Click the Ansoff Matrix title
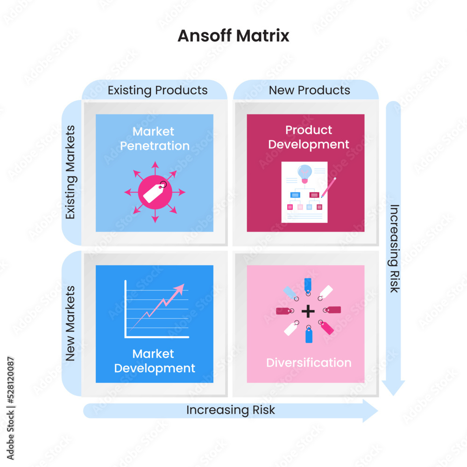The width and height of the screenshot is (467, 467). tap(233, 36)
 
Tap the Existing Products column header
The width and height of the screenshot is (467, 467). tap(157, 90)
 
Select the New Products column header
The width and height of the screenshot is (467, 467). tap(309, 90)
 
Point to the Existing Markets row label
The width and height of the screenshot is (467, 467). tap(71, 172)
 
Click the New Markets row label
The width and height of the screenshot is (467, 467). tap(71, 324)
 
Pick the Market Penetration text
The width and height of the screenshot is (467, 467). tap(155, 139)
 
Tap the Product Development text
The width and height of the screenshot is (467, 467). tap(309, 137)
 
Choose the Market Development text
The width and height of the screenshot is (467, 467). tap(155, 361)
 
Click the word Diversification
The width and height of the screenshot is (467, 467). tap(309, 363)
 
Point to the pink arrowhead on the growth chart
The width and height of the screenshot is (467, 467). tap(179, 288)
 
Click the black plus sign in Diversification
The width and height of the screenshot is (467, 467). tap(307, 311)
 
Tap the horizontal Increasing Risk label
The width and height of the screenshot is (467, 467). tap(231, 410)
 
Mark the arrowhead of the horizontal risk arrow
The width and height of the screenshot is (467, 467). tap(371, 411)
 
